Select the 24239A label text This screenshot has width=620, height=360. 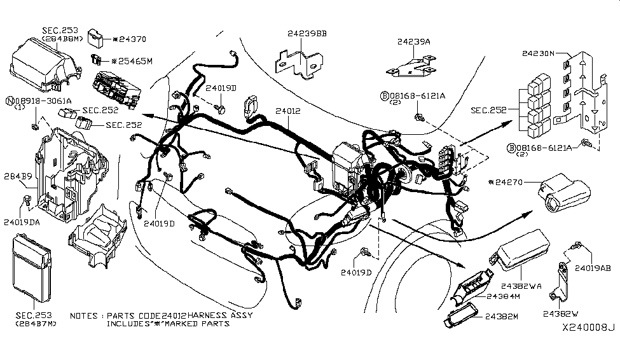(x=414, y=41)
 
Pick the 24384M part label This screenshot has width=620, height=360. (x=505, y=297)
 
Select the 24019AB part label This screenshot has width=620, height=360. (x=593, y=269)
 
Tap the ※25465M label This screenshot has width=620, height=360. (x=132, y=62)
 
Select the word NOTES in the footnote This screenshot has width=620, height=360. (x=83, y=316)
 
